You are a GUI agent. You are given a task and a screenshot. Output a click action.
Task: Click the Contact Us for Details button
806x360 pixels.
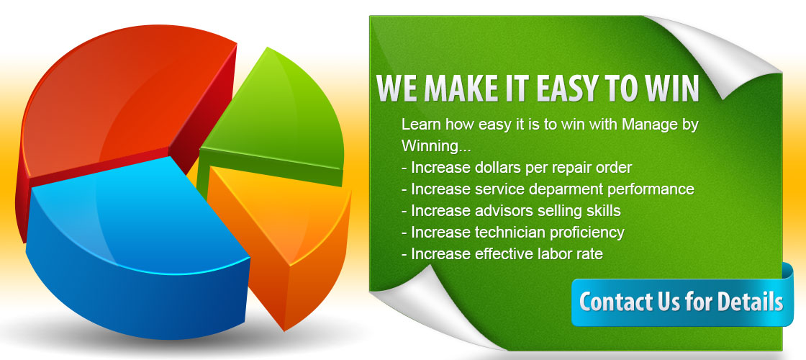(682, 302)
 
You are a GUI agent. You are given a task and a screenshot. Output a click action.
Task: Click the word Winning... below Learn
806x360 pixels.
(436, 147)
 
